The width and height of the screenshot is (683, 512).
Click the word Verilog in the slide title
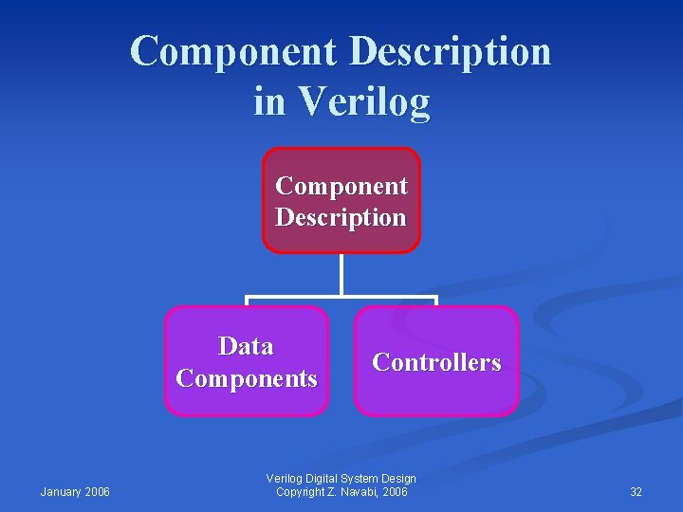[364, 101]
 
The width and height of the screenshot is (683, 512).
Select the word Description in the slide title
[450, 51]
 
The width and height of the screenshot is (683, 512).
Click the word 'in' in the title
[269, 101]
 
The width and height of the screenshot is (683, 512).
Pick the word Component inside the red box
[341, 186]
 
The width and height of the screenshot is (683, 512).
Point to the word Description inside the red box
[341, 217]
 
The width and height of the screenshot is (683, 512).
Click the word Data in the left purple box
[246, 346]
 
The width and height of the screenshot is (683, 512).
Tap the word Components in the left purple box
[247, 378]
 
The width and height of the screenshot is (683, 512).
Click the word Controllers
[436, 362]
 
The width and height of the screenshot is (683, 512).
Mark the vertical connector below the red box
[341, 275]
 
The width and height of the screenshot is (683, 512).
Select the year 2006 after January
[98, 491]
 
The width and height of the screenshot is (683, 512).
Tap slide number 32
[636, 491]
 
